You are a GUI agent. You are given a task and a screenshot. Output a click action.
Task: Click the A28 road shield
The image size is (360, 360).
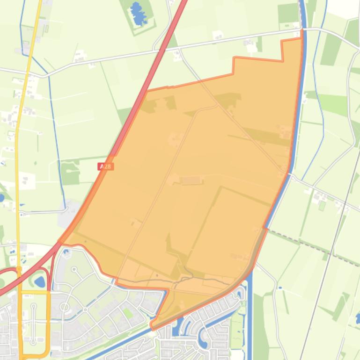coord(106,166)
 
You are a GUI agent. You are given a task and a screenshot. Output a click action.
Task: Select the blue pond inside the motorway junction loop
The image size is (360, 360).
coord(40,281)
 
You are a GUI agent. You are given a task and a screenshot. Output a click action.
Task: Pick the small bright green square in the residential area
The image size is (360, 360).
coord(127,313)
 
